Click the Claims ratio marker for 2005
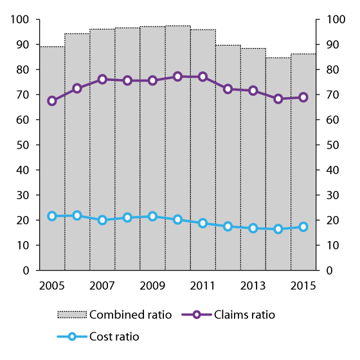point(52,101)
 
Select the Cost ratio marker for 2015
point(303,227)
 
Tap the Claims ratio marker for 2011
point(203,76)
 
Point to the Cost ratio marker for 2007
point(102,220)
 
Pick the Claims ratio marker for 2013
point(253,91)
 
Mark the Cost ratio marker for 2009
point(152,217)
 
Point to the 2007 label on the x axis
point(102,285)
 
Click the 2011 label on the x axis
point(203,285)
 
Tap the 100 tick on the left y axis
point(21,20)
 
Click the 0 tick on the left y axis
point(27,271)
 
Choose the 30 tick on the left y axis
point(24,195)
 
